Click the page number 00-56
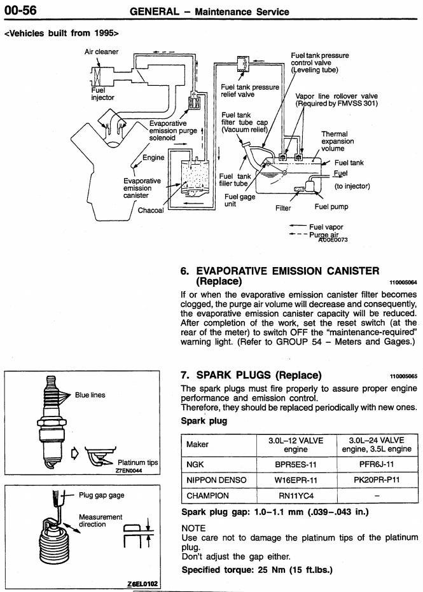(x=20, y=10)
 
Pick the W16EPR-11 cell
(x=295, y=479)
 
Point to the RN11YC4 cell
(x=295, y=495)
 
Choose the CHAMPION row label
(x=209, y=495)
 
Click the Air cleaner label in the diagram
(x=102, y=52)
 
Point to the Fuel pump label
(x=331, y=207)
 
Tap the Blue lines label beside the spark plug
(x=90, y=395)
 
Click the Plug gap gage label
(x=102, y=495)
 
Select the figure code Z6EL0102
(x=143, y=584)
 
